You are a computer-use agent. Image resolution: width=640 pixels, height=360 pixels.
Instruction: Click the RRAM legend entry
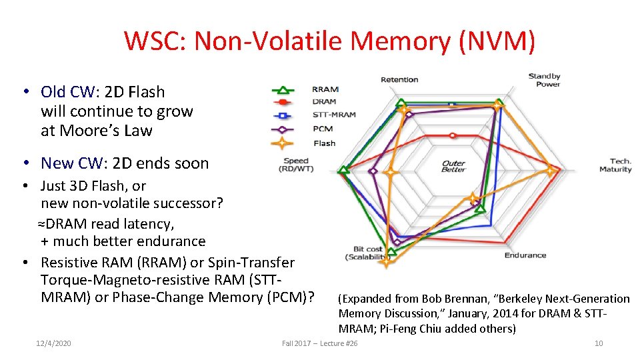click(x=325, y=89)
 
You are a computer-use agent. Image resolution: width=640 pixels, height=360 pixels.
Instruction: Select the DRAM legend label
click(x=324, y=101)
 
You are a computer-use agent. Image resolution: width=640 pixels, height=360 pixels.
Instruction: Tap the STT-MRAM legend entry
click(x=333, y=115)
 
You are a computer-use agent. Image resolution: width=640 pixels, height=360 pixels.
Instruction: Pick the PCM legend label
click(x=322, y=129)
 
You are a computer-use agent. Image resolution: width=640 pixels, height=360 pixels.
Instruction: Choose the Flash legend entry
click(x=324, y=143)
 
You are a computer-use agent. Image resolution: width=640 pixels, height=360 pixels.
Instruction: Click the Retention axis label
click(x=399, y=80)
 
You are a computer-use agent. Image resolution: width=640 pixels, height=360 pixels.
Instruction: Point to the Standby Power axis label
click(x=544, y=80)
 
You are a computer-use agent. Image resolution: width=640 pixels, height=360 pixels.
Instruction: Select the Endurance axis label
click(x=525, y=255)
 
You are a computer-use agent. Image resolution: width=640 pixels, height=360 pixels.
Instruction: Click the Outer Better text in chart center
click(x=453, y=166)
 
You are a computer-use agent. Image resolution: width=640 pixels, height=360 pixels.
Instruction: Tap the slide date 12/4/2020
click(x=53, y=343)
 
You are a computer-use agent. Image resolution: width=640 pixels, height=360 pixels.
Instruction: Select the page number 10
click(x=598, y=343)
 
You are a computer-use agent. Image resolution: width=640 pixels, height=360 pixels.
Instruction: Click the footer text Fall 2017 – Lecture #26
click(x=319, y=343)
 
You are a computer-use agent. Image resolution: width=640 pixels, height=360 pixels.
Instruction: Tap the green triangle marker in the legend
click(x=283, y=89)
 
